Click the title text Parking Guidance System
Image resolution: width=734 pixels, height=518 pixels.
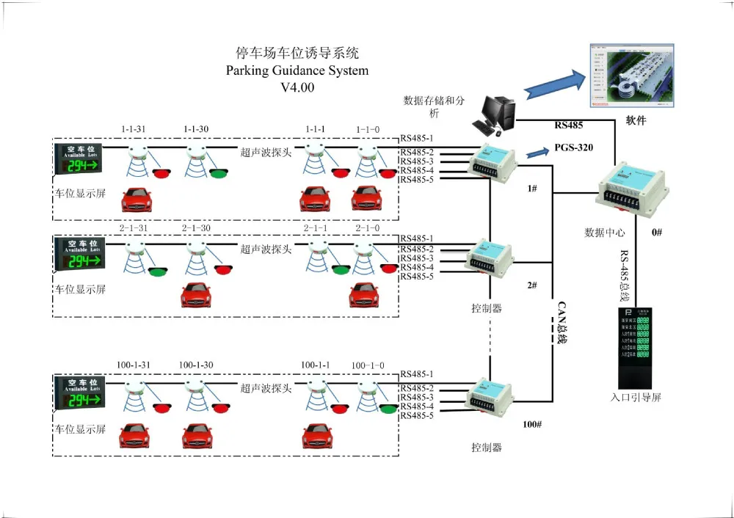click(x=297, y=71)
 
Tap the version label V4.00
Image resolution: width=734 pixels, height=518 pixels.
click(x=297, y=87)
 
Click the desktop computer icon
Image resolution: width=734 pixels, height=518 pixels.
click(x=497, y=116)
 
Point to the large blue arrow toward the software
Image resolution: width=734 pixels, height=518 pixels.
click(x=556, y=82)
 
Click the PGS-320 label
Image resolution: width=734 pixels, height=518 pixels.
click(x=574, y=147)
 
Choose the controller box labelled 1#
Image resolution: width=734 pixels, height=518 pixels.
click(x=494, y=164)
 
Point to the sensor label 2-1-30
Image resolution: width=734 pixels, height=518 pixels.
click(x=196, y=228)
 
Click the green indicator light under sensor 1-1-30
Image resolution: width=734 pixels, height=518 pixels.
click(x=218, y=174)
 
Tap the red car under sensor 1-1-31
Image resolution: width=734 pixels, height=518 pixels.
click(x=137, y=200)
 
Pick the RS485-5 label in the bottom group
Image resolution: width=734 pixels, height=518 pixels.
click(x=416, y=416)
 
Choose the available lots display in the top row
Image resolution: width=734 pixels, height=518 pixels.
click(x=80, y=158)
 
